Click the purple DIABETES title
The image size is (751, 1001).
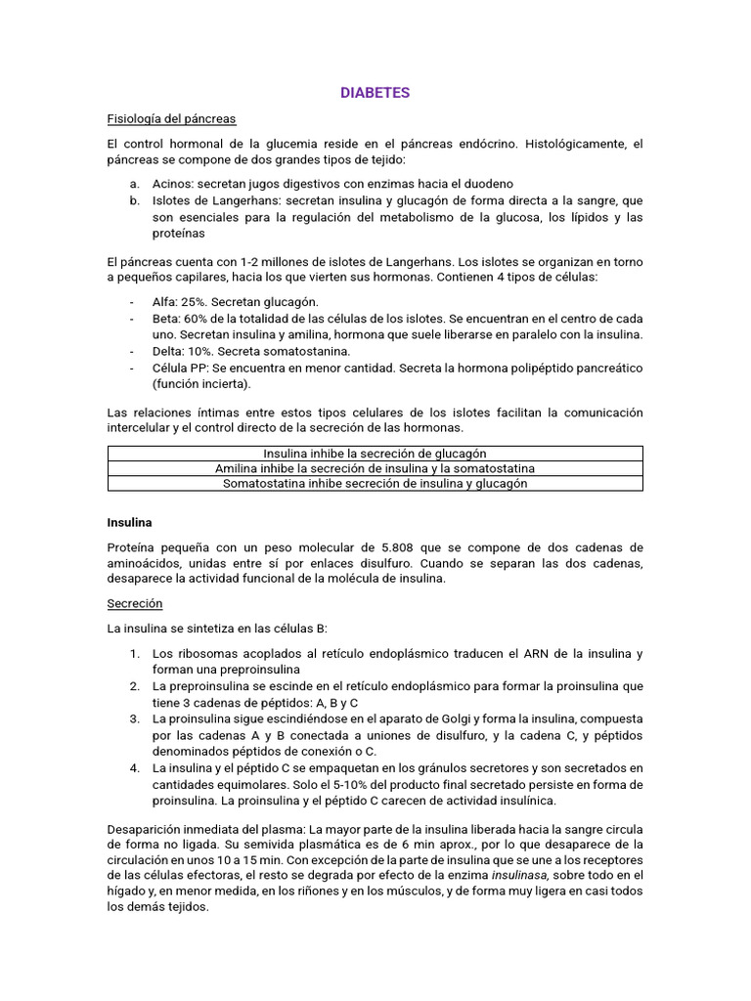[x=375, y=93]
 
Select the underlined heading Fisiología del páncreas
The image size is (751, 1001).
[x=171, y=118]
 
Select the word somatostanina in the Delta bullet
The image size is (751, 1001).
[x=308, y=351]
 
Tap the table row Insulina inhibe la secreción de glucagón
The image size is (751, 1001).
[x=375, y=454]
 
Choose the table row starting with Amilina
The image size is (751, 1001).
[x=375, y=468]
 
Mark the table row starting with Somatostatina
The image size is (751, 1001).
[x=375, y=483]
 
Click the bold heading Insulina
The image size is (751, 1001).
[x=129, y=523]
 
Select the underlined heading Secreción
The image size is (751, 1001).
[x=135, y=603]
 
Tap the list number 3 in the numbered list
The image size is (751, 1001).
[x=134, y=718]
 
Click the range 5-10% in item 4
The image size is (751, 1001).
[x=352, y=785]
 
